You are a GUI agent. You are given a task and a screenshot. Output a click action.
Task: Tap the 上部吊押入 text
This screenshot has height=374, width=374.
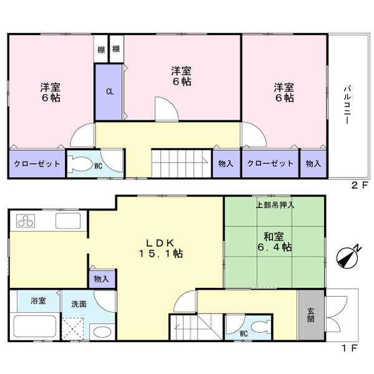275,204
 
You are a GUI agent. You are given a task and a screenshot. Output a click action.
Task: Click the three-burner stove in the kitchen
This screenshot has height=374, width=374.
27,221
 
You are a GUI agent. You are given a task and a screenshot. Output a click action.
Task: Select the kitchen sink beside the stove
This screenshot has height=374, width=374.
67,221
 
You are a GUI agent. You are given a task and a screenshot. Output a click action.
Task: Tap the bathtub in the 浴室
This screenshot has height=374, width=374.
35,327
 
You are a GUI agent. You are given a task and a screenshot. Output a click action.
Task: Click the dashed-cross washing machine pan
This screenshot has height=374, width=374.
74,327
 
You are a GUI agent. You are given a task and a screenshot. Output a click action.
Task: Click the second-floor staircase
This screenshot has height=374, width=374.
180,164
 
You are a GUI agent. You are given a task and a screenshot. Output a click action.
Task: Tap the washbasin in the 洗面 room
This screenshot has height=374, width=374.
102,330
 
